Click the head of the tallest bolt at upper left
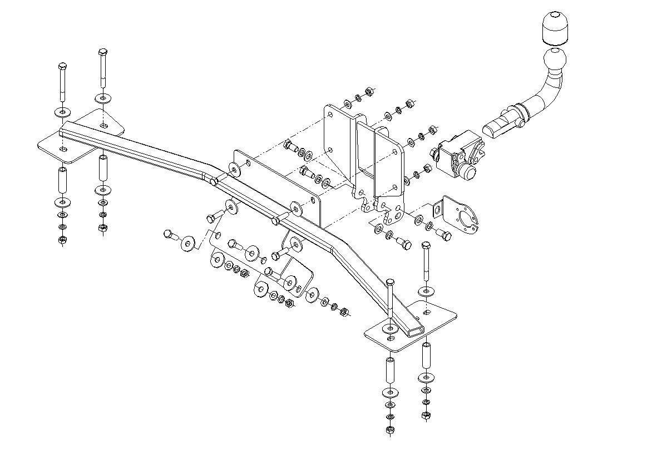point(103,53)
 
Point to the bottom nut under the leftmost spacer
point(62,240)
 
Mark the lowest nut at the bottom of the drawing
point(389,430)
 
